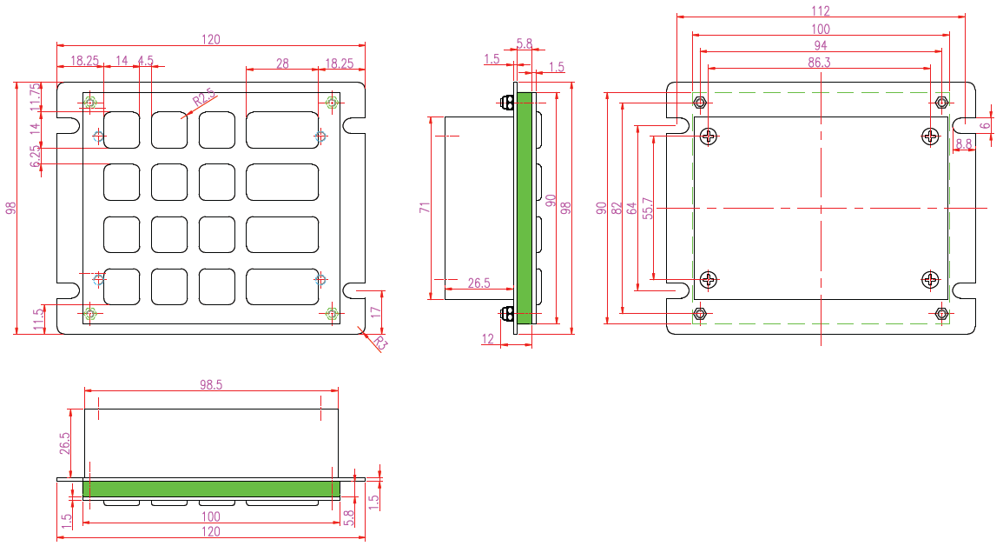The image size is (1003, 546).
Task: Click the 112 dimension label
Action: [x=820, y=11]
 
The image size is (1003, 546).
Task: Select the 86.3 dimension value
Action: [x=819, y=62]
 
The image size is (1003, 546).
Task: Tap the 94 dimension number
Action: [x=820, y=45]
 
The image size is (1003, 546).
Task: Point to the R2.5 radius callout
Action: [x=203, y=99]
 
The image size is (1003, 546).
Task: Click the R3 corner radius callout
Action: [x=379, y=343]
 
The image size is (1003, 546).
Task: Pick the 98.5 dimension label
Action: [x=210, y=384]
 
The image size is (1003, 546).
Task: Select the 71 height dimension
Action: [x=425, y=208]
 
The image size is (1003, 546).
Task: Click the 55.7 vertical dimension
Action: [x=648, y=209]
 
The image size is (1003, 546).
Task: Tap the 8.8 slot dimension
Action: [x=963, y=144]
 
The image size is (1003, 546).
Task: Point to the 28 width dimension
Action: [x=282, y=63]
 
